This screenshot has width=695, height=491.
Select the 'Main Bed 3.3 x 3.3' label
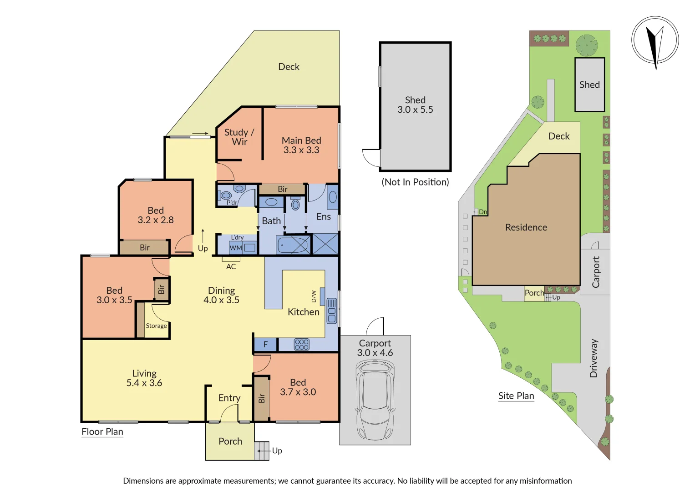(x=301, y=145)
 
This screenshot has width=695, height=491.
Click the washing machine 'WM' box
(x=236, y=248)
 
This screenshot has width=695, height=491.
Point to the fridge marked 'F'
(x=265, y=345)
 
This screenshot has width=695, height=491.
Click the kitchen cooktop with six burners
(x=301, y=345)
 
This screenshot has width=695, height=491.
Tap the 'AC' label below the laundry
(x=231, y=267)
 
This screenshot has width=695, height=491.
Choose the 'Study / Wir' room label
(x=239, y=137)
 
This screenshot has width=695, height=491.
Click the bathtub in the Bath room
(x=294, y=245)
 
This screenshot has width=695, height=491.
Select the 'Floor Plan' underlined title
(x=102, y=432)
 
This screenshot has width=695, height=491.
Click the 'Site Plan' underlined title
(x=516, y=396)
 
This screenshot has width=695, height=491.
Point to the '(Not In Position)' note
(x=415, y=182)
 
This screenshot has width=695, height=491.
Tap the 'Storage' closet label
(x=156, y=326)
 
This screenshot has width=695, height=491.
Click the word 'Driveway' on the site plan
(x=594, y=358)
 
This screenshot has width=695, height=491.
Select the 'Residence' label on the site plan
(x=526, y=227)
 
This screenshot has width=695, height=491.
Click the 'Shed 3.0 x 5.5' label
(x=415, y=105)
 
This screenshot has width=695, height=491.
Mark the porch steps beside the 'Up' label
(x=262, y=451)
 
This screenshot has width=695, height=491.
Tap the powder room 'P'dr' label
(x=232, y=203)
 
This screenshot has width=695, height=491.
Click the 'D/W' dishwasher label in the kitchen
(x=314, y=296)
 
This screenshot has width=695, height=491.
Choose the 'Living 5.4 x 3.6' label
(x=144, y=378)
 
